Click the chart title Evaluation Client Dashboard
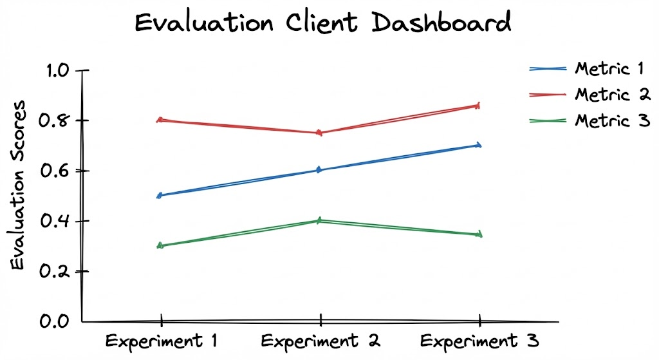[x=322, y=23]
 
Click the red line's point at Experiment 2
[x=320, y=133]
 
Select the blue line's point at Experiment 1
[x=161, y=195]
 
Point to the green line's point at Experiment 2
[x=320, y=221]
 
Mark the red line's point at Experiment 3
[x=479, y=105]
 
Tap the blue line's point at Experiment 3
[x=479, y=145]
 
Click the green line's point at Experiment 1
[x=161, y=245]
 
